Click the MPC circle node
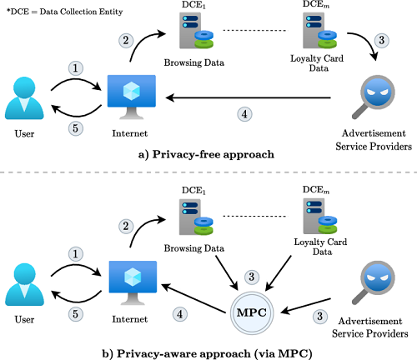(252, 312)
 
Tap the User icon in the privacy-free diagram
(24, 98)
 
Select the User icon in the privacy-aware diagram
(24, 284)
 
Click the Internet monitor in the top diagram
(132, 97)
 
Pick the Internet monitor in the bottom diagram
(133, 282)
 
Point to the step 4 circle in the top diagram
(244, 114)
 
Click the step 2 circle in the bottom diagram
(126, 226)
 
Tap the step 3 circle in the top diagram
(382, 40)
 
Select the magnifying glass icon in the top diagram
(374, 97)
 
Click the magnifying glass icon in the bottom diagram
(374, 282)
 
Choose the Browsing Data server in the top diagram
(196, 31)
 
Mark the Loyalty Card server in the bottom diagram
(320, 216)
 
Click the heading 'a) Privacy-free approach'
(206, 154)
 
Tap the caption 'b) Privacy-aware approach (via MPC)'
(207, 353)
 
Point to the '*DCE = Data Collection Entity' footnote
(64, 12)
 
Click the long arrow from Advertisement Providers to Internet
(249, 97)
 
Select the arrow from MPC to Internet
(193, 298)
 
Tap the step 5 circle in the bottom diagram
(76, 314)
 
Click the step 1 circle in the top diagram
(76, 68)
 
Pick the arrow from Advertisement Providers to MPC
(306, 306)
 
